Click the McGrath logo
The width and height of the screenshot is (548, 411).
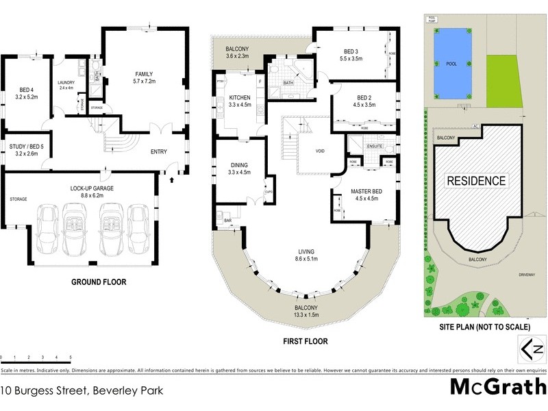[x=497, y=386]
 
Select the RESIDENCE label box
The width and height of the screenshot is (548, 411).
[x=477, y=182]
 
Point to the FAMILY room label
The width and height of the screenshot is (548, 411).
[x=144, y=75]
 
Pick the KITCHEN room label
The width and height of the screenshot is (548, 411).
[x=240, y=98]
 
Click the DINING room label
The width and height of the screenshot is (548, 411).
[x=239, y=164]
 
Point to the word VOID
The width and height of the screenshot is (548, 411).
[x=320, y=151]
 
